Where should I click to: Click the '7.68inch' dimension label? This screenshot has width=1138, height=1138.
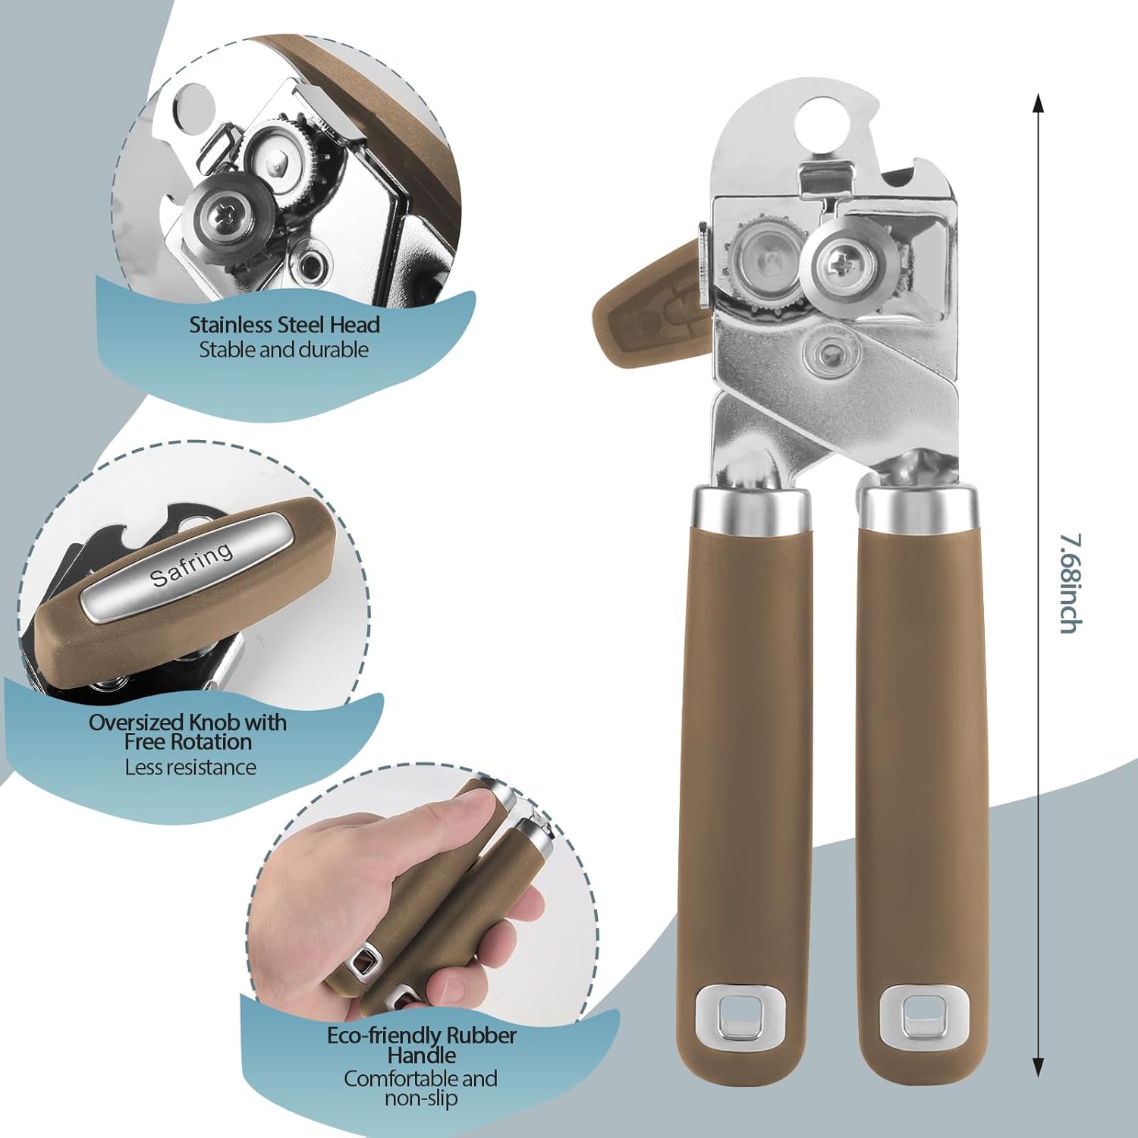(1071, 583)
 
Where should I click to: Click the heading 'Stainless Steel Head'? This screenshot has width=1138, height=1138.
(284, 325)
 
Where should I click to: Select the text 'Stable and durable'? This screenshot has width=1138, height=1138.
(284, 350)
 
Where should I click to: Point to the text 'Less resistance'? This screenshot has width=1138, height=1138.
(190, 767)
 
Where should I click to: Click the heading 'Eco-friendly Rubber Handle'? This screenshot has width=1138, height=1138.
(422, 1045)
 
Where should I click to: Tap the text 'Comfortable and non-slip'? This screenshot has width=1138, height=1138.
(421, 1088)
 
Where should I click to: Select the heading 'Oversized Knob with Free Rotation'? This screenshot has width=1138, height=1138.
(188, 732)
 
